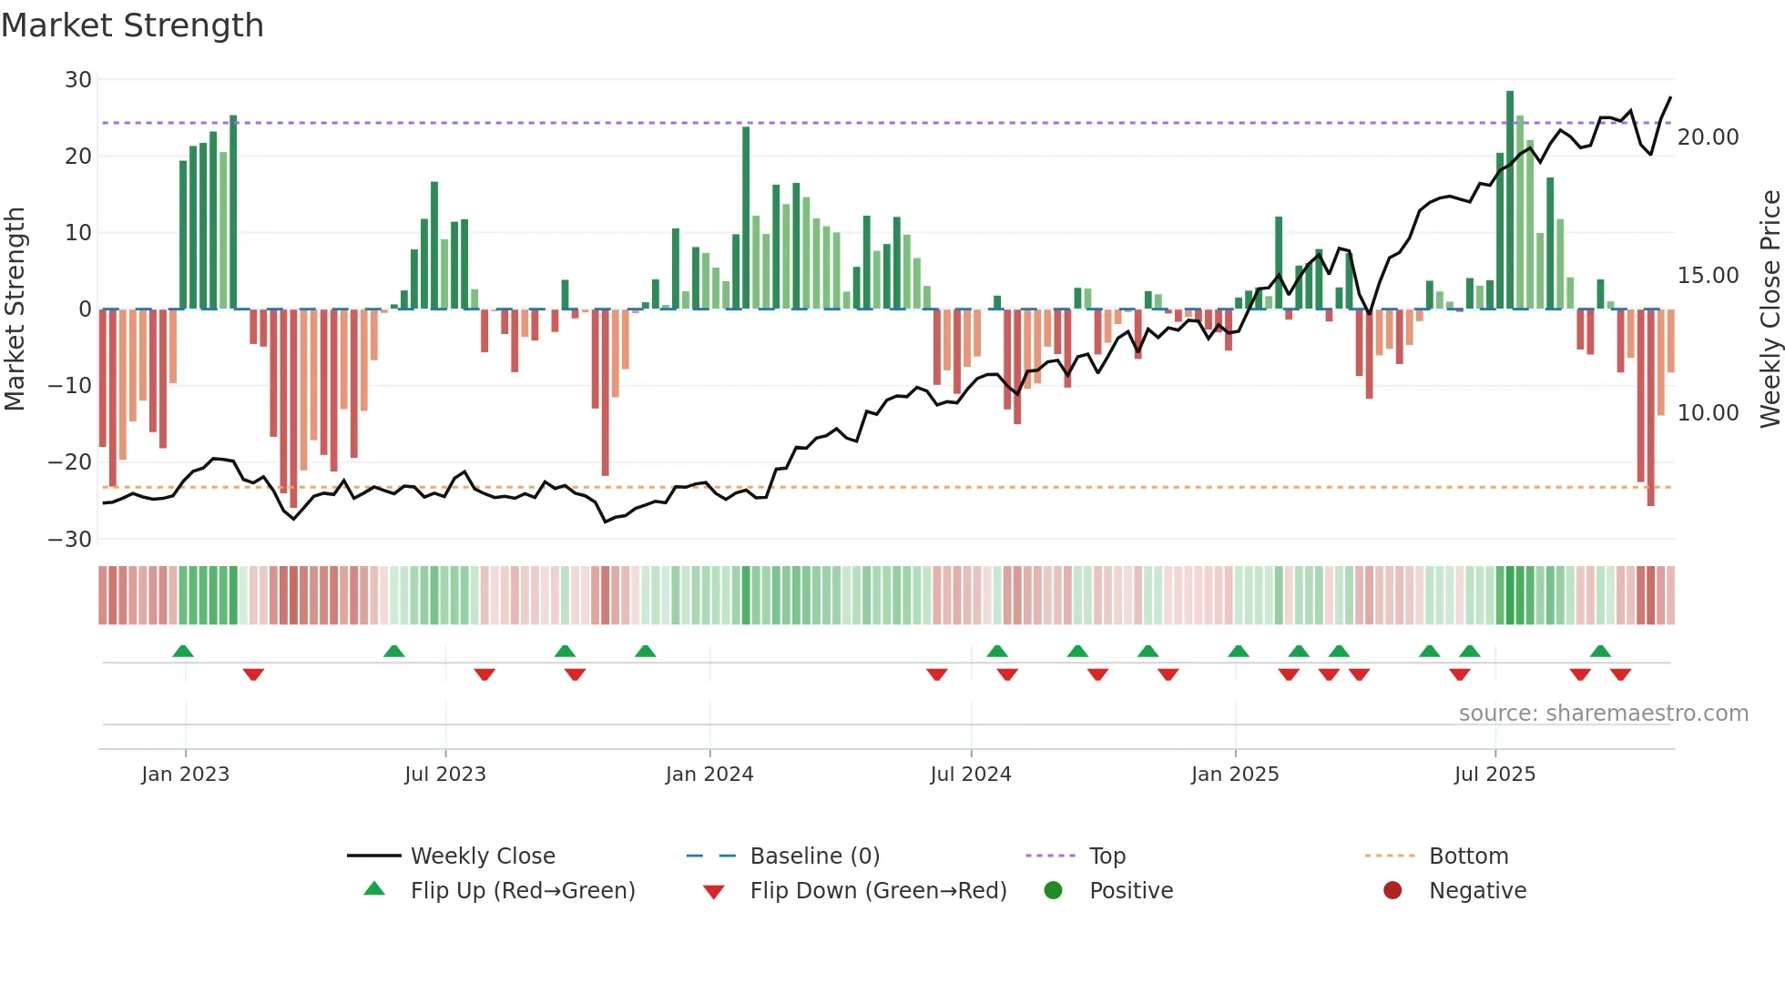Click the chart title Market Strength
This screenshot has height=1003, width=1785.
pos(132,25)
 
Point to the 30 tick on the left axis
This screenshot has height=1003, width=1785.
pos(77,80)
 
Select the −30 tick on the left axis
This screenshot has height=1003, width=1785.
pos(70,539)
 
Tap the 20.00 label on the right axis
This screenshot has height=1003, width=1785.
pos(1708,137)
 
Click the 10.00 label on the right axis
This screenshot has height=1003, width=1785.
pos(1708,413)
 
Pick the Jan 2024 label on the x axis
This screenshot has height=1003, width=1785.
pos(709,775)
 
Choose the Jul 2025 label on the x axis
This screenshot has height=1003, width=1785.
pos(1494,775)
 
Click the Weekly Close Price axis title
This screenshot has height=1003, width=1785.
pos(1770,309)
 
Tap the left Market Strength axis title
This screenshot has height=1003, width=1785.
pos(15,309)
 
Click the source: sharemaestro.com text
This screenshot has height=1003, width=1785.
pos(1603,714)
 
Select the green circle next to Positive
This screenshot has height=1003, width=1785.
pos(1053,891)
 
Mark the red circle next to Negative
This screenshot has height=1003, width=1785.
pos(1392,891)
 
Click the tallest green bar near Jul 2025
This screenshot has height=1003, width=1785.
pos(1510,200)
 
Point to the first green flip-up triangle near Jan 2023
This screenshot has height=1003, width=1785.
pos(183,652)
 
